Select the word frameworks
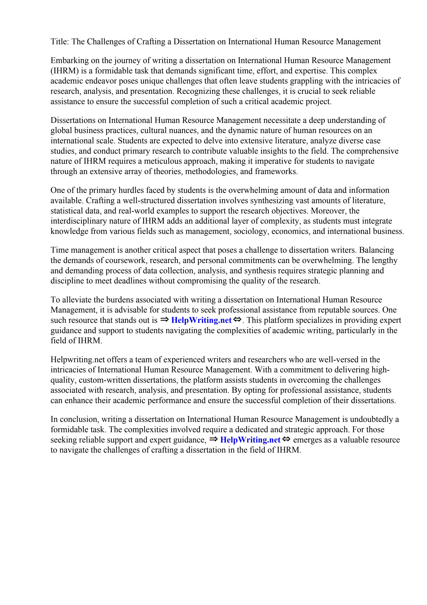click(276, 172)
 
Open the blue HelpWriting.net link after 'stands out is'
click(201, 320)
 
